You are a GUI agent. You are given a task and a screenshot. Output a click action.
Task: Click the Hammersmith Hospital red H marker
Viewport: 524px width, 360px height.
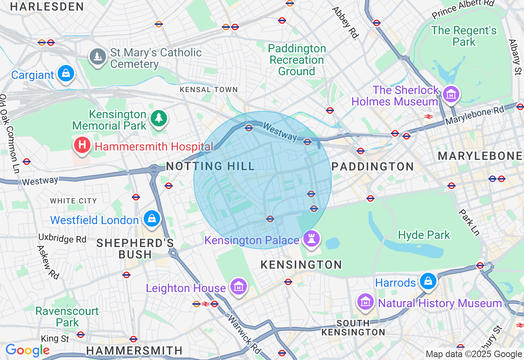82,145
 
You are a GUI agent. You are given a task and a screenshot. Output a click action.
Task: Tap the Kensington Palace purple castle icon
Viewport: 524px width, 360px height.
312,239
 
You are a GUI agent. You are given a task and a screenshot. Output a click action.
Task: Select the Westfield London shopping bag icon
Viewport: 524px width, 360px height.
152,219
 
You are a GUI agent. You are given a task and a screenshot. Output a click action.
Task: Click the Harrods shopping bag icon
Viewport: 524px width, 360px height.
428,281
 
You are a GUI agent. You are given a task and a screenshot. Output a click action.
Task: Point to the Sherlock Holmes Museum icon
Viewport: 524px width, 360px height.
451,94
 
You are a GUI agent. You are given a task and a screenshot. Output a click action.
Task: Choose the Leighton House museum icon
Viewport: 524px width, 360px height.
238,287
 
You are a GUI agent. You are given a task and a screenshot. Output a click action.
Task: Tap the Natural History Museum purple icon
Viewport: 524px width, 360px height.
366,302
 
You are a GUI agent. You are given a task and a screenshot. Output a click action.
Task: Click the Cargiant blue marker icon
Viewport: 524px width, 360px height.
65,74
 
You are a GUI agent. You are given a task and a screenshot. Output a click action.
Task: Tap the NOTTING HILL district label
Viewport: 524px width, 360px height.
210,166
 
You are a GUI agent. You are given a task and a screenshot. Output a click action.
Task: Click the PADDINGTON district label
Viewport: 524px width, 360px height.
373,166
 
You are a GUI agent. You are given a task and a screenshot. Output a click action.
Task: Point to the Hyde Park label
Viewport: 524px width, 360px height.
424,235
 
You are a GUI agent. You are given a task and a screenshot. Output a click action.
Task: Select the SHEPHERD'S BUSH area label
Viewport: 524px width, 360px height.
135,248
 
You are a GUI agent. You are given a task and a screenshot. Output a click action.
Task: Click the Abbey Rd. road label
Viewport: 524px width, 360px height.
345,23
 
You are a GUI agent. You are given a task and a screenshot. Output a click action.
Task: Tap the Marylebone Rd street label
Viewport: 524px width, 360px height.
475,116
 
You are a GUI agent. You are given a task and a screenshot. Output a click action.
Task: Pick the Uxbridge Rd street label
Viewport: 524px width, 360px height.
62,238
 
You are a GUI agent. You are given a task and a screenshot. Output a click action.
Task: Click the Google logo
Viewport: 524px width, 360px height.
27,350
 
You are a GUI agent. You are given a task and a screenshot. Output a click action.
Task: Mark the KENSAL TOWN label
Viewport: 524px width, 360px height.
209,90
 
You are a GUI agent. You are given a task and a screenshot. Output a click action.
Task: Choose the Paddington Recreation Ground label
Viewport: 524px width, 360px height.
297,60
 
